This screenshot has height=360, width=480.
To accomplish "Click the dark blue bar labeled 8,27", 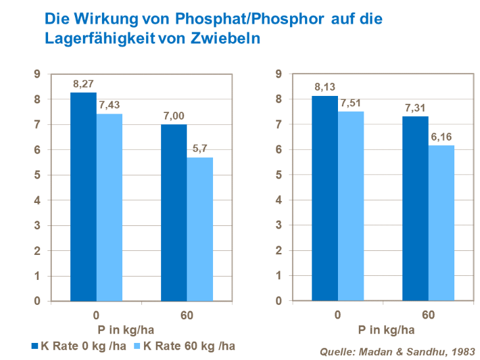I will [84, 197].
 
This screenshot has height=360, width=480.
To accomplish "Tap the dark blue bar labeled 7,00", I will [174, 213].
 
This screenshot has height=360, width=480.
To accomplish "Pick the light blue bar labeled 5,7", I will [200, 229].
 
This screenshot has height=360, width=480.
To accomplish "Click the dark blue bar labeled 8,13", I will [325, 198].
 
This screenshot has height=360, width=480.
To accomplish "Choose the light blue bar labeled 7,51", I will [350, 206].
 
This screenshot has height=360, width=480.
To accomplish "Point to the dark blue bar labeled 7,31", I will [416, 209].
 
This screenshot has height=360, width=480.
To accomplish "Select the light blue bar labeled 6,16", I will [441, 223].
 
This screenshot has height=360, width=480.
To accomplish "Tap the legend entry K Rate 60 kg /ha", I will [187, 346].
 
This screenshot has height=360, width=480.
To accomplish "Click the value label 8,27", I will [84, 85].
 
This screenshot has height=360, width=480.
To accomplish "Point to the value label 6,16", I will [441, 137].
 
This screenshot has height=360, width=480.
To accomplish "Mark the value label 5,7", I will [200, 149].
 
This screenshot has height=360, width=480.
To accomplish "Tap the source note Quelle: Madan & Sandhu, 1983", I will [396, 351].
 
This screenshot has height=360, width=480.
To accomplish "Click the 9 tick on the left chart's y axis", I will [37, 74].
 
